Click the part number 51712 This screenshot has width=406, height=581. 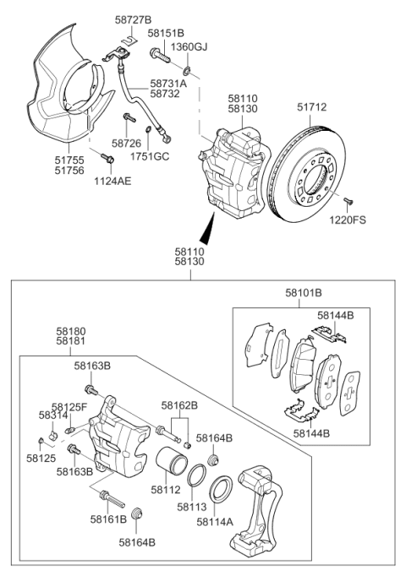click(313, 107)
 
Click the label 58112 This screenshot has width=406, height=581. click(165, 489)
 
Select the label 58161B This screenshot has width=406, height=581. click(110, 520)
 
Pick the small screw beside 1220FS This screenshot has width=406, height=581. click(348, 200)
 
